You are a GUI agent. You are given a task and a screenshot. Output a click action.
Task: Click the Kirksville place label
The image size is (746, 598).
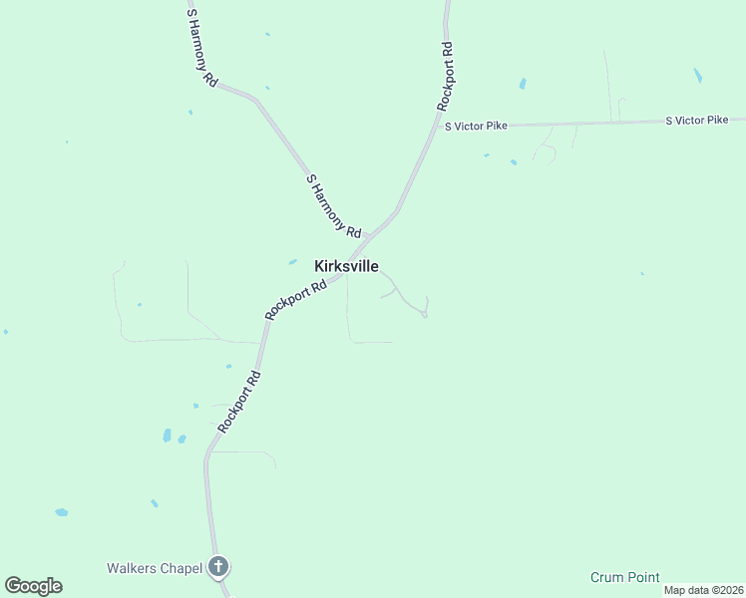pos(346,266)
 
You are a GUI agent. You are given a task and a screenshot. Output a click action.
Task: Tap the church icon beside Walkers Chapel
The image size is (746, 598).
pos(218,568)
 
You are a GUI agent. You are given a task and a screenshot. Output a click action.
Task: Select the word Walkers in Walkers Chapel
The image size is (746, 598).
pos(131,568)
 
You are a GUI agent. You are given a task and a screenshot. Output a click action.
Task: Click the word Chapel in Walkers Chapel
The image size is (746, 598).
pos(181,568)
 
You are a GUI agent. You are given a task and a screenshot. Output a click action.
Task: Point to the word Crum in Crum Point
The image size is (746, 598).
pos(606,577)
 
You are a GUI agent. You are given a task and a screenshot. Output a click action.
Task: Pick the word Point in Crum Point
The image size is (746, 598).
pos(643,577)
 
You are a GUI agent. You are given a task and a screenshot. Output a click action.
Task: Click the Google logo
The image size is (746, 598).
pos(33,586)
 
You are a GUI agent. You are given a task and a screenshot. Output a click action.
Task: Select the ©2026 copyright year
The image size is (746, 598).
pos(725,590)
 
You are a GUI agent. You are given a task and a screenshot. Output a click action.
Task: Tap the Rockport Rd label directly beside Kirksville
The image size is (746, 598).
pos(296,299)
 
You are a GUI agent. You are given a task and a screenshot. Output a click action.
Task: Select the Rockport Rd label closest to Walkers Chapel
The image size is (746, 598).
pos(239,401)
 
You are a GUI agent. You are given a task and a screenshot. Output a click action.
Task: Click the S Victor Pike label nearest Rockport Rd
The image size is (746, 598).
pos(476,126)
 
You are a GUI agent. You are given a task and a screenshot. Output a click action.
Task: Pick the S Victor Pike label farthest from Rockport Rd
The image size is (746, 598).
pos(697,120)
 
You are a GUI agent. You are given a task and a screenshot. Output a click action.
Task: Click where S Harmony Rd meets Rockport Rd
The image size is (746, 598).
pos(370,237)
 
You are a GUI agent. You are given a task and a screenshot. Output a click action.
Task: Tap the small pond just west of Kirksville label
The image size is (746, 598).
pos(292,262)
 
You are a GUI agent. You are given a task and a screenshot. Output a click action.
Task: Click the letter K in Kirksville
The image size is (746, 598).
pos(319,266)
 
